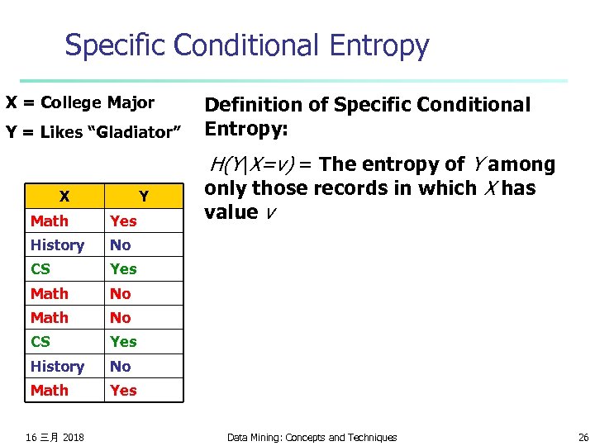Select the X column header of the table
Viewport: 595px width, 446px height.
coord(64,197)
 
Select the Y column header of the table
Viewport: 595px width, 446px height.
coord(144,197)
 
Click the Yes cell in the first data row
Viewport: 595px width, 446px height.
coord(124,221)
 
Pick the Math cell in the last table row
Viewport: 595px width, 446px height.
coord(50,390)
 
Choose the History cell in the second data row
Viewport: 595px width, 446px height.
coord(57,244)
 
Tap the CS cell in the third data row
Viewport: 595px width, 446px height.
coord(40,268)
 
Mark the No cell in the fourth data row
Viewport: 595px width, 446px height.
coord(121,293)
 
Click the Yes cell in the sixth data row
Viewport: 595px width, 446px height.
coord(124,341)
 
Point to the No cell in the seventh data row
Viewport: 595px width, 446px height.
coord(121,366)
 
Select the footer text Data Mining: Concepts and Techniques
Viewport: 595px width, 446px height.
coord(312,437)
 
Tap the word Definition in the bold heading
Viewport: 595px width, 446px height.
coord(249,105)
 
